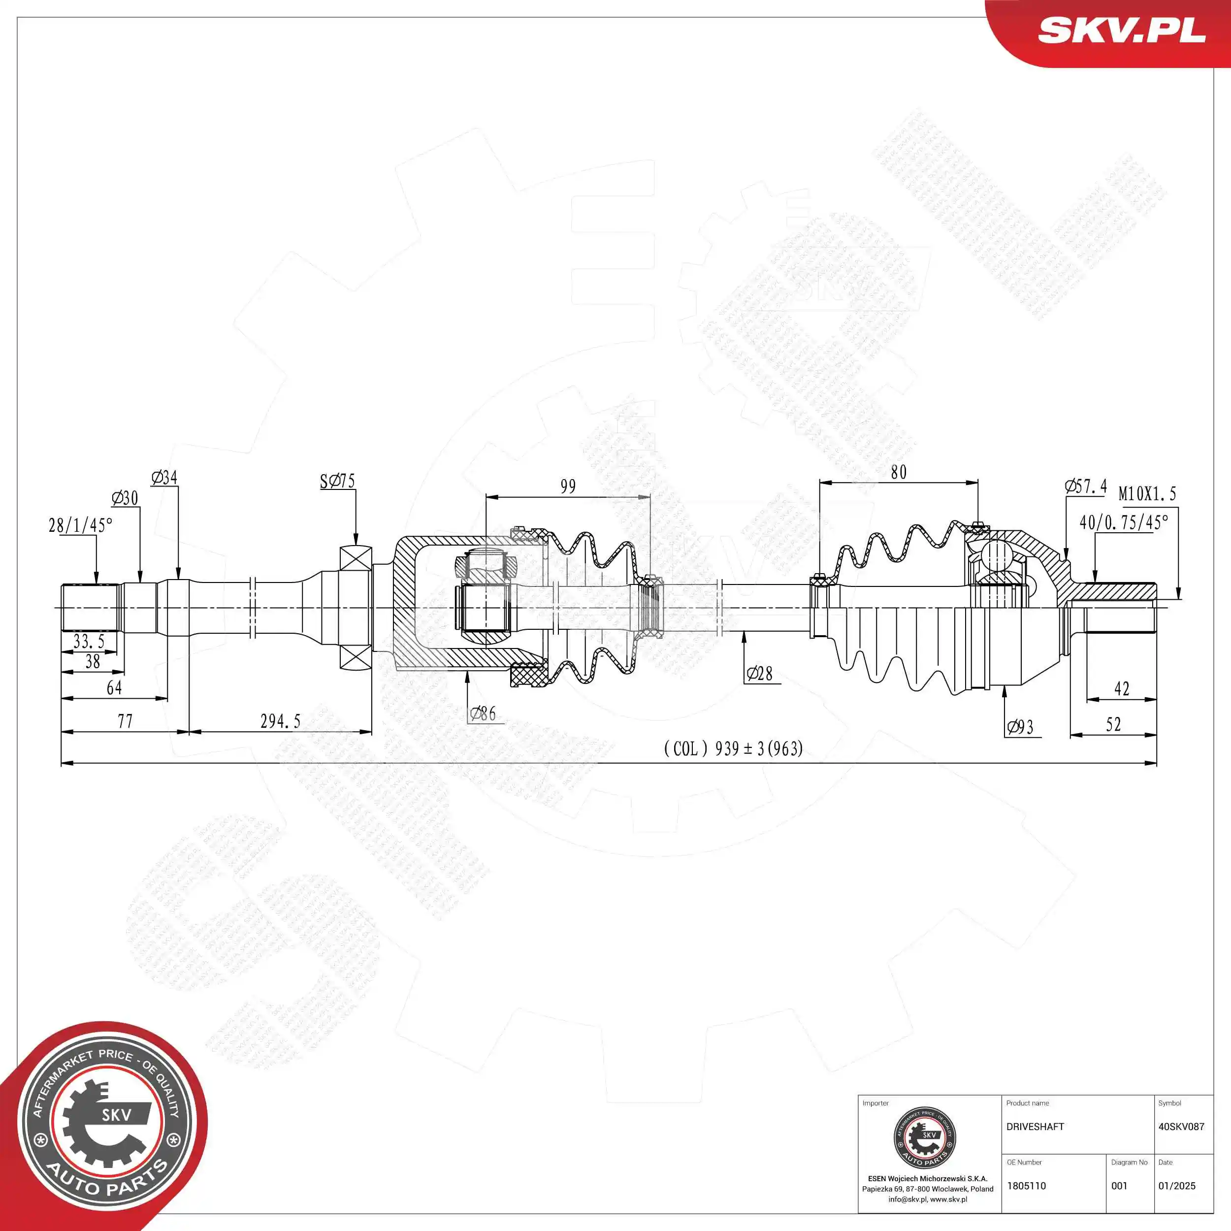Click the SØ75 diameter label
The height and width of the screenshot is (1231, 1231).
click(x=337, y=481)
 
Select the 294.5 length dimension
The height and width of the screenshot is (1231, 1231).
click(x=280, y=721)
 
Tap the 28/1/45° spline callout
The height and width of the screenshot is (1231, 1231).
click(x=80, y=525)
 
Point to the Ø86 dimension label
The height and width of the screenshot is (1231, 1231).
click(x=483, y=713)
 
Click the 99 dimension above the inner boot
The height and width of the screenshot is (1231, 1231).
click(x=568, y=487)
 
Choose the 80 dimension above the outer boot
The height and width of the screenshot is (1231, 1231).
click(x=899, y=472)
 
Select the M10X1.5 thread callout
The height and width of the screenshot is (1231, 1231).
click(x=1147, y=494)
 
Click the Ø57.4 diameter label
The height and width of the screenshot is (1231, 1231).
click(x=1086, y=486)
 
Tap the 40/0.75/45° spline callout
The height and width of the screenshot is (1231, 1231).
click(x=1123, y=522)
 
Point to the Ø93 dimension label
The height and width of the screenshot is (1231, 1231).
click(x=1020, y=727)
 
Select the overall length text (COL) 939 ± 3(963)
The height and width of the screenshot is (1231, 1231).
click(x=733, y=748)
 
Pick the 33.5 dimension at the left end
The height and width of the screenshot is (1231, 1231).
click(x=89, y=641)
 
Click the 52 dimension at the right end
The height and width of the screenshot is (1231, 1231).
click(x=1113, y=724)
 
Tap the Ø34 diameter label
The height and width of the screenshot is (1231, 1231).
click(x=164, y=477)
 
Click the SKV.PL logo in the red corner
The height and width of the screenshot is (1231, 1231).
click(x=1121, y=30)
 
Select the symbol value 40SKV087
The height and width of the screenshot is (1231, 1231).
click(x=1181, y=1127)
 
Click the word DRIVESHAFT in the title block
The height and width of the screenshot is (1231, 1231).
click(x=1035, y=1127)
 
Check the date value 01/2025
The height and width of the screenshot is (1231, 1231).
click(x=1176, y=1186)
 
